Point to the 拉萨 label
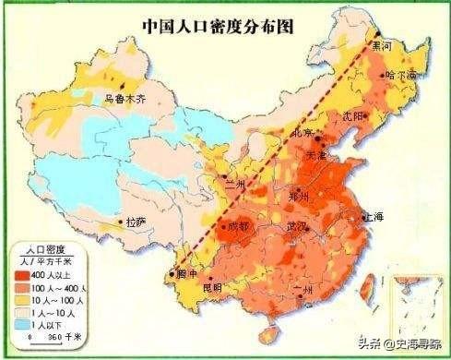tap(136, 222)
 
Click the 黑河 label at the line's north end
tap(381, 44)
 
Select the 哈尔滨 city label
tap(401, 74)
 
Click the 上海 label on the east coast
tap(374, 217)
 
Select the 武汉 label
tap(297, 227)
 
